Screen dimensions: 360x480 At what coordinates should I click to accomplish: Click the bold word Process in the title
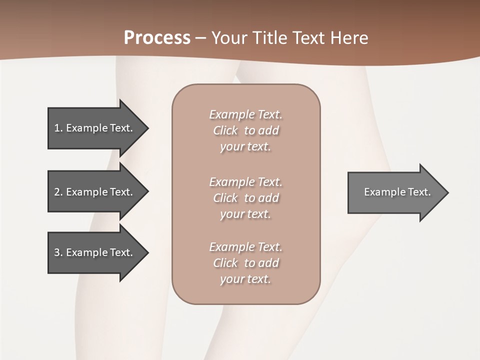[157, 38]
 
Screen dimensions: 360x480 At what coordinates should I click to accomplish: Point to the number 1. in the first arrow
[58, 128]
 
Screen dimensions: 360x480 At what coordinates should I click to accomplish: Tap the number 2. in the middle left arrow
[58, 192]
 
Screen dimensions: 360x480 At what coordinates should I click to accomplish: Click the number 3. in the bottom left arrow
[58, 252]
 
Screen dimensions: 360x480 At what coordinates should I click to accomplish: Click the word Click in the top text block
[225, 130]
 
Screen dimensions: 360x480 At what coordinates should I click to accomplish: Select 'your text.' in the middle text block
[245, 214]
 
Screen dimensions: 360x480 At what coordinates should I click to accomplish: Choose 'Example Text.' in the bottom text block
[245, 247]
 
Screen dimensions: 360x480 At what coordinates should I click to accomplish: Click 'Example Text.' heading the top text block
[245, 114]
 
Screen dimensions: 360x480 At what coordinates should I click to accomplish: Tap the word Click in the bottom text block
[225, 263]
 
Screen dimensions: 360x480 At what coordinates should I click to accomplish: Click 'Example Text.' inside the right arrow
[397, 192]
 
